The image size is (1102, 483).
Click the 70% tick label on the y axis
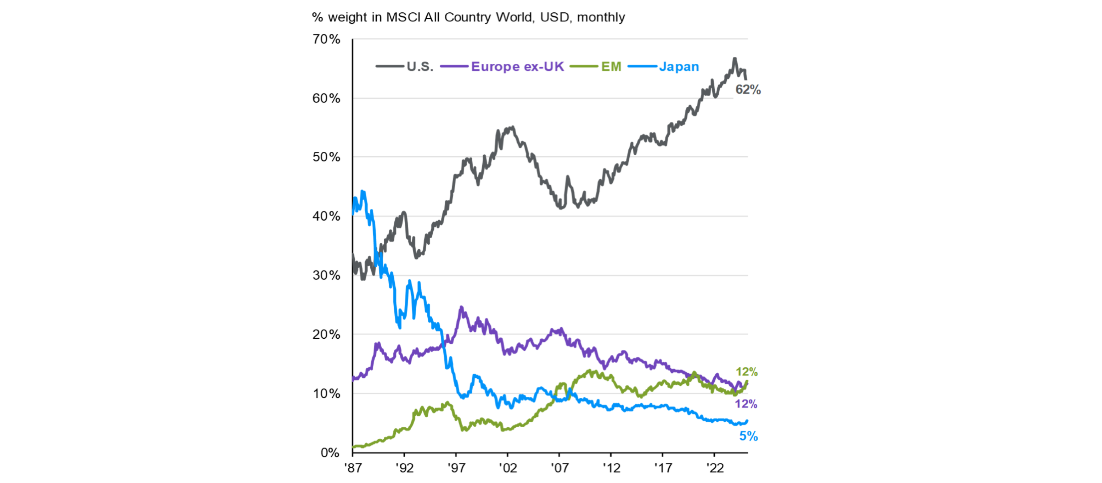(326, 39)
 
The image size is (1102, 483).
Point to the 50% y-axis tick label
(326, 157)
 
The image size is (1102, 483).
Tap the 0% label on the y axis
(330, 453)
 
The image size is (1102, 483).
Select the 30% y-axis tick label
(326, 275)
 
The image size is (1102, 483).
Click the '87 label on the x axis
(353, 468)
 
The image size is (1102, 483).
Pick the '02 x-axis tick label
(508, 468)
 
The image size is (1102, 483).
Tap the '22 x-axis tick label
(714, 468)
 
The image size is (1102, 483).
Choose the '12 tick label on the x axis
(611, 468)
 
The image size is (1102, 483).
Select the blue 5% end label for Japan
(748, 436)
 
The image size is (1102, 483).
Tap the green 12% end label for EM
(747, 372)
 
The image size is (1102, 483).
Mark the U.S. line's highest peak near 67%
(735, 58)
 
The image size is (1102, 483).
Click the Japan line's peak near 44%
(362, 191)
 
